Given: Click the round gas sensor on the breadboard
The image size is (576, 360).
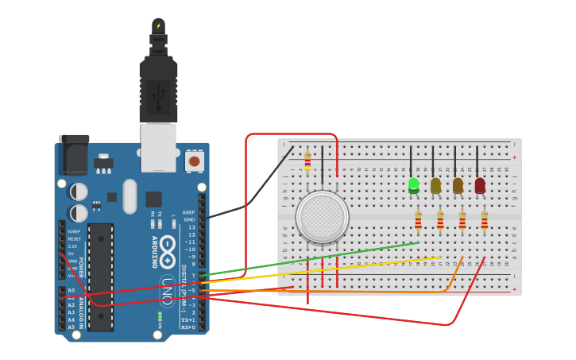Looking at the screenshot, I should point(322,217).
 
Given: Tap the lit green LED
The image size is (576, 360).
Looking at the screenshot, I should point(413,185).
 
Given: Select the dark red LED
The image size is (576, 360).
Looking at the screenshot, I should point(480,185).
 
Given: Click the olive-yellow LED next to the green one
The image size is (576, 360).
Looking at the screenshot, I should point(435,185).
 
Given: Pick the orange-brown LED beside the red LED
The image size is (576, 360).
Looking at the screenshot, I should point(458,185).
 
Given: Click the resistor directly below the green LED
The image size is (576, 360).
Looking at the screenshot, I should point(418,219).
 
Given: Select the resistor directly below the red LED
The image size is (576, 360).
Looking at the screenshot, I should point(484,219).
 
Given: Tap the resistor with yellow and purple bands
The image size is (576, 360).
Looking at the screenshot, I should point(307,161).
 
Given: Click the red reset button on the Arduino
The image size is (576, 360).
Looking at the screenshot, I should point(193,161).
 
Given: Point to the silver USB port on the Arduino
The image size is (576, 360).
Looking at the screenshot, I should point(159,147).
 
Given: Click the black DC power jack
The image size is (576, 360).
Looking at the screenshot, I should point(74,155).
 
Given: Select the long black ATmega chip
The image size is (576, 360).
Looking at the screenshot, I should point(101,277).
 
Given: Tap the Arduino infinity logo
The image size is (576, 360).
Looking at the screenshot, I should point(167,251).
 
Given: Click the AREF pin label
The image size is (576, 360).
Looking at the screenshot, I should point(188,212).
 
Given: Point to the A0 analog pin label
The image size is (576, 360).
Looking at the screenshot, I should point(71,290).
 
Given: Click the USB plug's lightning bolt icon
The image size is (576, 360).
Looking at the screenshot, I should point(159,25).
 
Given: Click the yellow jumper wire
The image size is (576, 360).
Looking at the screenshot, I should point(318,268).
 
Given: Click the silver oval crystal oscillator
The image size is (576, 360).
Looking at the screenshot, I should point(130,195).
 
